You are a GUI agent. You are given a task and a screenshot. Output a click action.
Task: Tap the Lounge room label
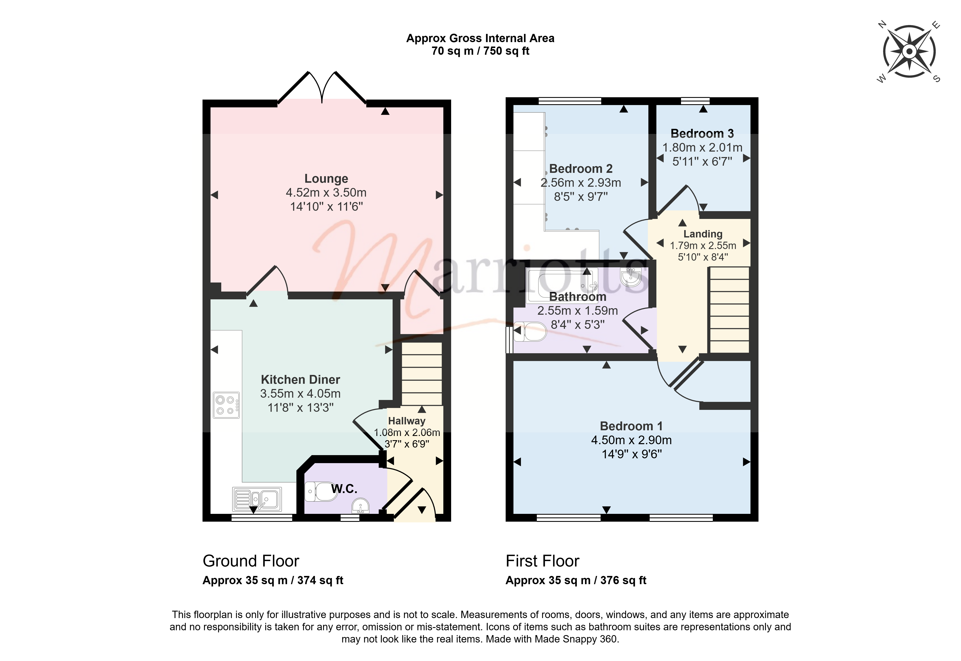[x=326, y=179]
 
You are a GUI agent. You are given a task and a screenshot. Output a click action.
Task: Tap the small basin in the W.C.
[x=360, y=506]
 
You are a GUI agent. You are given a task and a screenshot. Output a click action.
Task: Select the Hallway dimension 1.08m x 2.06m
[x=407, y=432]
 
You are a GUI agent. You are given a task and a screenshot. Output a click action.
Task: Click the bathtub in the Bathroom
[x=562, y=285]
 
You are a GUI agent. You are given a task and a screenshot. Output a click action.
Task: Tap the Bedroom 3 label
[x=702, y=133]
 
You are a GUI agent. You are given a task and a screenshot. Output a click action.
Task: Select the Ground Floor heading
[x=251, y=561]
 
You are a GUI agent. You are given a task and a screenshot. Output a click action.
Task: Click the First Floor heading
[x=542, y=561]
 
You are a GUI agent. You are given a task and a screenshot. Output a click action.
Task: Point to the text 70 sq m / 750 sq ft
[x=480, y=51]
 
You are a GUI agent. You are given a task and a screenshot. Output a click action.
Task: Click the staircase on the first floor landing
[x=730, y=310]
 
